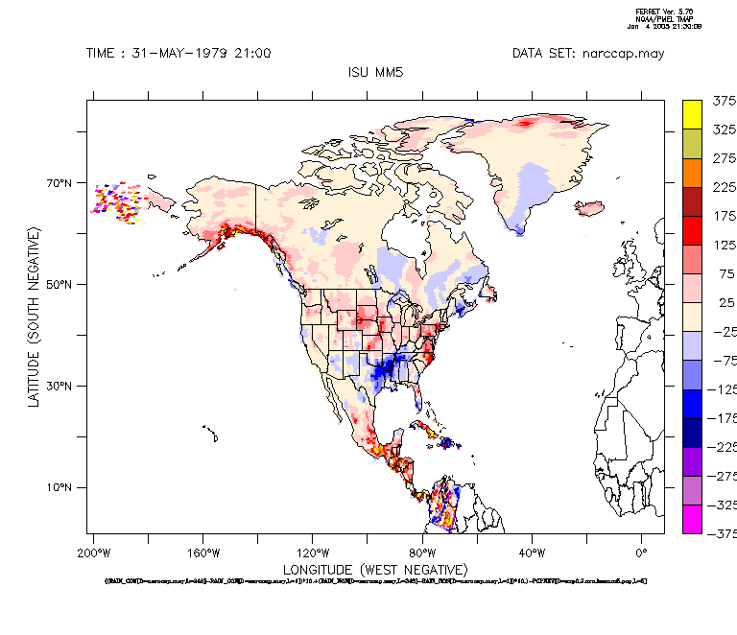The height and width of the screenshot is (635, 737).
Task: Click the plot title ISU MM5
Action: coord(374,72)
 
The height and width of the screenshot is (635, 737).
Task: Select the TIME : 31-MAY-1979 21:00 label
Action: coord(178,54)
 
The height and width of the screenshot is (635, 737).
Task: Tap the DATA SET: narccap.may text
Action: coord(587,54)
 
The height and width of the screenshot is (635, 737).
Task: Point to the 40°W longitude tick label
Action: coord(533,553)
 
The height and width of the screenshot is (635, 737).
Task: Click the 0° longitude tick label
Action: coord(642,553)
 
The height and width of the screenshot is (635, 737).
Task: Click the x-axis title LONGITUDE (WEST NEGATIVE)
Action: coord(375,570)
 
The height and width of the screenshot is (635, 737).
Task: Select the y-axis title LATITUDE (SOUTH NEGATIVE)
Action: coord(35,317)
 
